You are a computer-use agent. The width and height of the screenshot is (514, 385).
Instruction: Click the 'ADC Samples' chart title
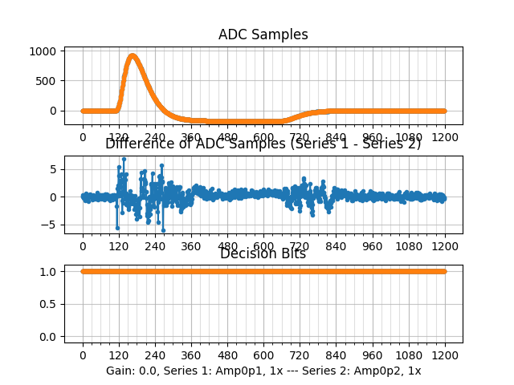click(x=263, y=34)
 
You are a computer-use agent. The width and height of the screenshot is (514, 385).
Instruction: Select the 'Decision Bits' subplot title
click(x=263, y=254)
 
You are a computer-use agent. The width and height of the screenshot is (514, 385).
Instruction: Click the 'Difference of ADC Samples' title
click(x=263, y=144)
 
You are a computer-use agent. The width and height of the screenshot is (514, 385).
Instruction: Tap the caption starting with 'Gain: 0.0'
click(x=263, y=371)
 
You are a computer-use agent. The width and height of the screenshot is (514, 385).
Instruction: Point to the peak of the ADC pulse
click(x=133, y=55)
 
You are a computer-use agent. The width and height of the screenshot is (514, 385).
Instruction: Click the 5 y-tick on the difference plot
click(x=53, y=169)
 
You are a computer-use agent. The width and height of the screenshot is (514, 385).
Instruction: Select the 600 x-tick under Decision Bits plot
click(x=263, y=355)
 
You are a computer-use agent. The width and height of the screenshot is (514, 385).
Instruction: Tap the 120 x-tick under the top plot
click(x=119, y=137)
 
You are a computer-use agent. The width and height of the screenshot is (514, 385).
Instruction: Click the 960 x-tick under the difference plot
click(x=373, y=247)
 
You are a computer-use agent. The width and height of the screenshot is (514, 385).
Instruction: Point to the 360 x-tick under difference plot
click(x=191, y=247)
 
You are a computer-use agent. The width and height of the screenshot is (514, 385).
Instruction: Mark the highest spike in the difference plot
click(x=124, y=159)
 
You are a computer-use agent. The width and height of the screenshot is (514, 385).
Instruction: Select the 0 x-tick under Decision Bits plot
click(x=83, y=355)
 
